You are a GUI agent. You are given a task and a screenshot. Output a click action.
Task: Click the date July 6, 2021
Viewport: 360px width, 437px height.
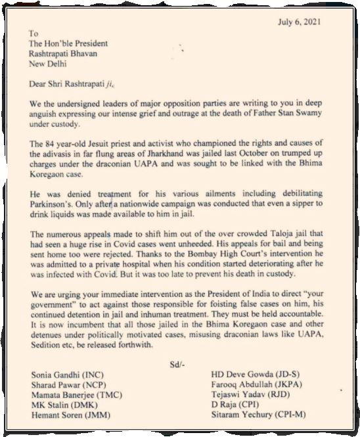pos(306,22)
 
